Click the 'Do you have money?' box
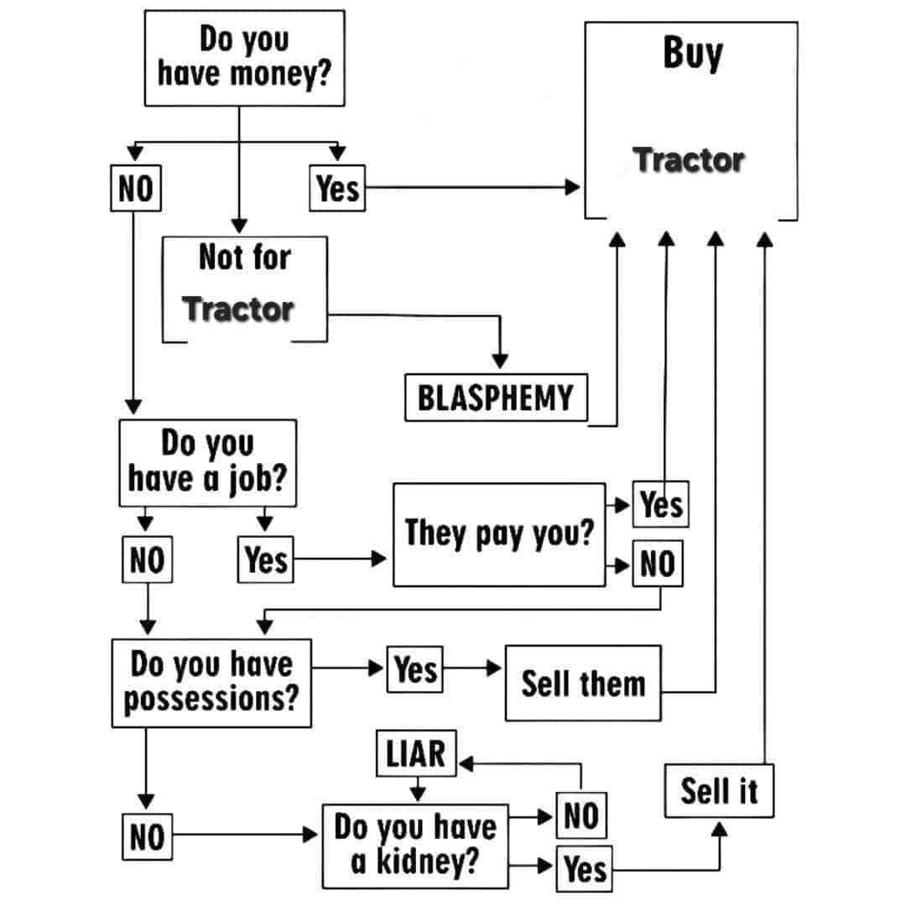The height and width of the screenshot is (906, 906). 244,59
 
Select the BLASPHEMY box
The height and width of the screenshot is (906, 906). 495,398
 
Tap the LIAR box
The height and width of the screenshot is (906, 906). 415,753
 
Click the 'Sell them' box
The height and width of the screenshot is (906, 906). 583,683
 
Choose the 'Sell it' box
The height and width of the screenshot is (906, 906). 719,790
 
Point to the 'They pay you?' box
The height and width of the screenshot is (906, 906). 499,534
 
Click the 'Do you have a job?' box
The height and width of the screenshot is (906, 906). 208,462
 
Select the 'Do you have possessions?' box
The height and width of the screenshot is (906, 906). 211,682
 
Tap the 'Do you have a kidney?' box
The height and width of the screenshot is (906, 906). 415,846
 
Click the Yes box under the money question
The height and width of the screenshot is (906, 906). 338,189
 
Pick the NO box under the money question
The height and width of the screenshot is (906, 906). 134,189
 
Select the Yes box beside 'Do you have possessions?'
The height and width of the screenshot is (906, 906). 415,669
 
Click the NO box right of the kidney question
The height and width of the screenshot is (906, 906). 581,815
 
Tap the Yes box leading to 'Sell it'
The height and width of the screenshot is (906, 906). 585,869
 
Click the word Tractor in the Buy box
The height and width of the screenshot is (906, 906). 689,159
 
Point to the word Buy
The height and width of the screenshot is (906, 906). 692,55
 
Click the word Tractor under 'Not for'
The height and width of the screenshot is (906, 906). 238,309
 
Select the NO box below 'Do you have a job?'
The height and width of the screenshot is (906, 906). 147,560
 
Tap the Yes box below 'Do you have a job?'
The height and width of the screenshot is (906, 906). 266,560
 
